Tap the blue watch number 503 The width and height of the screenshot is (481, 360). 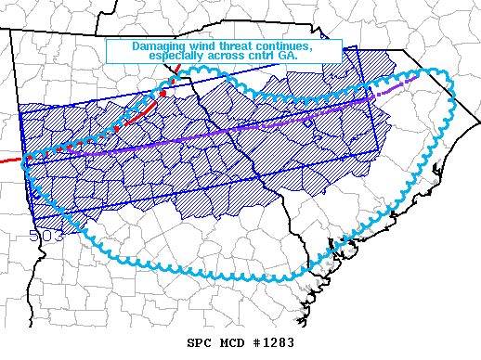pos(45,236)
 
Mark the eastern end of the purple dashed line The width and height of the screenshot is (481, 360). pos(408,84)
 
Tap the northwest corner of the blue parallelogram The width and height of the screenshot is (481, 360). pos(19,115)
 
